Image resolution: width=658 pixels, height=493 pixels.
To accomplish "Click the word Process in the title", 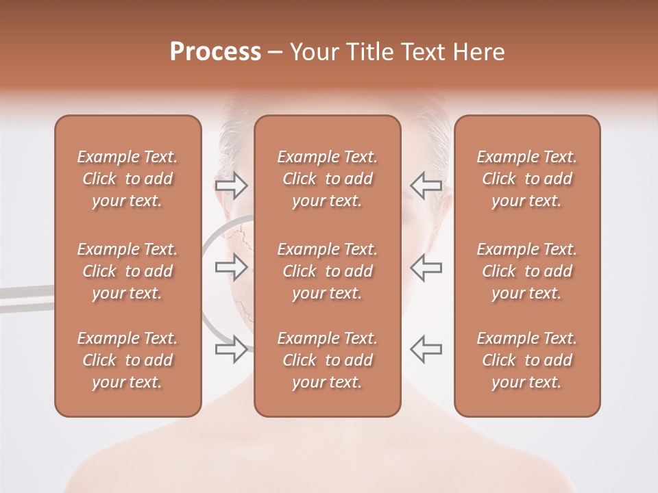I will coord(215,52).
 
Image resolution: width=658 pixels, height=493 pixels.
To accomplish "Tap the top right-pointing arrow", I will coord(232,186).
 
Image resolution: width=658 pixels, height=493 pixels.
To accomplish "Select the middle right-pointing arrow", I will coord(232,267).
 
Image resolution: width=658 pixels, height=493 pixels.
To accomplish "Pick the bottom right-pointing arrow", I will coord(232,349).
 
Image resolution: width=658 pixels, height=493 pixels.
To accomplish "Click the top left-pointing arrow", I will coord(426,186).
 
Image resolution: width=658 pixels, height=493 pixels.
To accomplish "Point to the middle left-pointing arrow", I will coord(426,267).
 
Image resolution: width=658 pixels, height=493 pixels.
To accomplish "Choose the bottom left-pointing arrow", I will coord(426,349).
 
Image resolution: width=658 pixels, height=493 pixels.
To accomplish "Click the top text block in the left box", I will coord(127,179).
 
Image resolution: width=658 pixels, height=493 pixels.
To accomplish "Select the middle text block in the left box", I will coord(127,271).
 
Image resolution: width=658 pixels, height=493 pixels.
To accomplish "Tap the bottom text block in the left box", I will coord(127,360).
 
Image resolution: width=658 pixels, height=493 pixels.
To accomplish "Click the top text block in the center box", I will coord(327,179).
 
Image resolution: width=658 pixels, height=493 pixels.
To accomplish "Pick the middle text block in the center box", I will coord(327,271).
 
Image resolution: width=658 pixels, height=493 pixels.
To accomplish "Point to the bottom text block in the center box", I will coord(327,360).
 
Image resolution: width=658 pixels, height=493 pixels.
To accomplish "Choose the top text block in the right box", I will coord(526,179).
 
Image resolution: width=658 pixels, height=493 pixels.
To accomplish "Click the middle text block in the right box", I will coord(526,271).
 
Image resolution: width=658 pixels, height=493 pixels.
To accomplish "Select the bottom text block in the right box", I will coord(526,360).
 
